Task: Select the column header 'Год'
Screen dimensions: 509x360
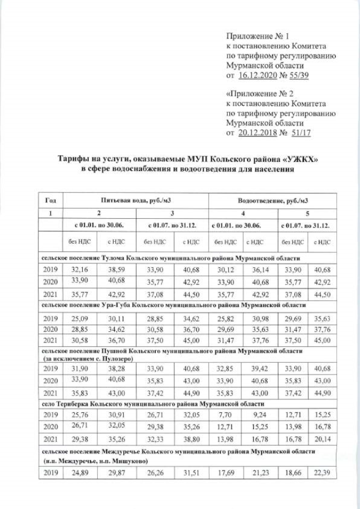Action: tap(49, 200)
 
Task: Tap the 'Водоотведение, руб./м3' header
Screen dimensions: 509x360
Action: tap(272, 200)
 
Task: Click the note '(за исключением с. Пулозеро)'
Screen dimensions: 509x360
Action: tap(88, 357)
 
